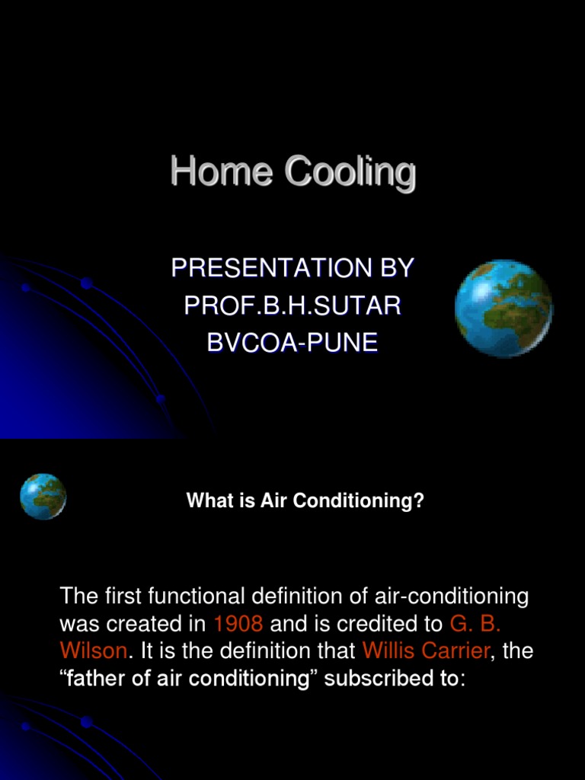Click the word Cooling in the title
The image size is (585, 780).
(350, 173)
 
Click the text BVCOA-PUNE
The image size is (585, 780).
(292, 343)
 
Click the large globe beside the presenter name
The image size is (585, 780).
(503, 308)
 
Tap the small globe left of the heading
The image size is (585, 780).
(43, 497)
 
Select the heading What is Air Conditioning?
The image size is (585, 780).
(305, 501)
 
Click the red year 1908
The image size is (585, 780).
(238, 624)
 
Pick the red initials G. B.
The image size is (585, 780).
(475, 624)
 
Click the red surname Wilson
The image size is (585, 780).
(94, 651)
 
